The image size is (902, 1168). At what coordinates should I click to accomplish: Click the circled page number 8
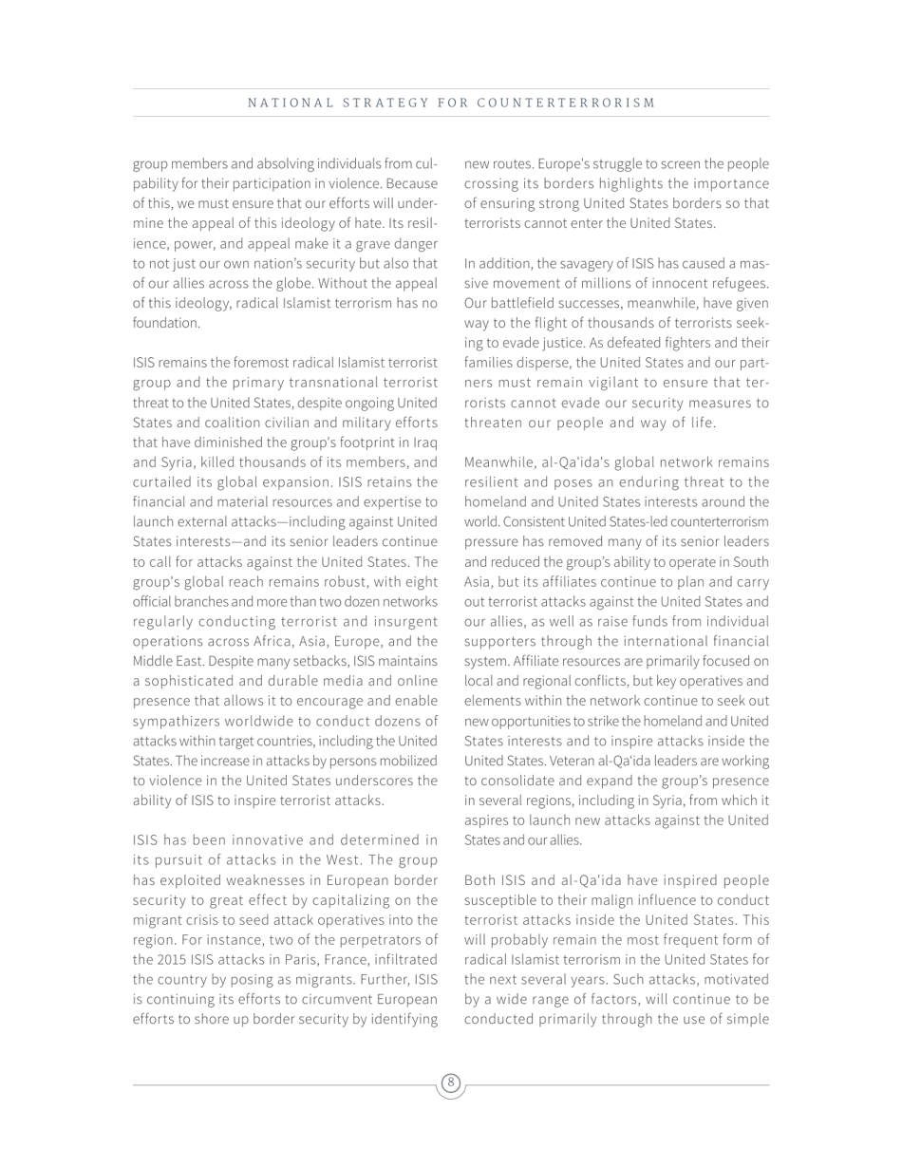pyautogui.click(x=451, y=1083)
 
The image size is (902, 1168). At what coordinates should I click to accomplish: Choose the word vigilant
pyautogui.click(x=624, y=383)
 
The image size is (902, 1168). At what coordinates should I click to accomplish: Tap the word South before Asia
pyautogui.click(x=750, y=562)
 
